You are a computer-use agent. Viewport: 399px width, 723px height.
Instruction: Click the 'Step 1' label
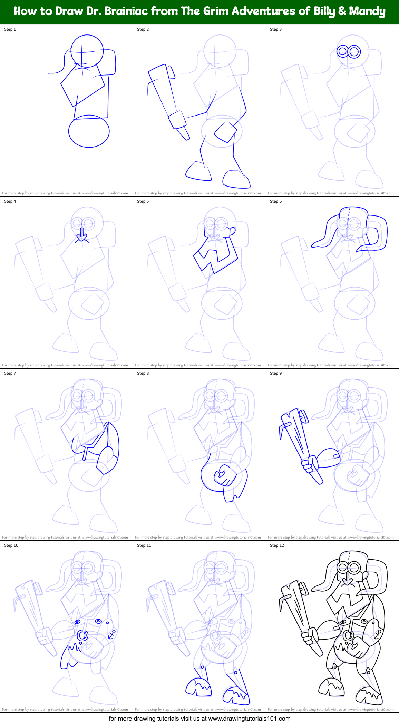[x=10, y=29]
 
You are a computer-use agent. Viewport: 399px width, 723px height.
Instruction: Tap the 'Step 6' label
[x=276, y=201]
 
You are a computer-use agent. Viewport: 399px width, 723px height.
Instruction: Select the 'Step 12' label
[x=277, y=545]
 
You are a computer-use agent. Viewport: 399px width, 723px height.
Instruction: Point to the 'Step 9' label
[x=276, y=373]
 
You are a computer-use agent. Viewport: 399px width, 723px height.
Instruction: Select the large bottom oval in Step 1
[x=89, y=131]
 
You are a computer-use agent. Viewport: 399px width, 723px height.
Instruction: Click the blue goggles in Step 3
[x=349, y=52]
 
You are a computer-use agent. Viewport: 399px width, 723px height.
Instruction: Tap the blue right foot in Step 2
[x=236, y=179]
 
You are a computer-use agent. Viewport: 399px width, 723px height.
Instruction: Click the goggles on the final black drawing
[x=349, y=567]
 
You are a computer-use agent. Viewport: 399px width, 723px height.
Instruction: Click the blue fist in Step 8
[x=224, y=475]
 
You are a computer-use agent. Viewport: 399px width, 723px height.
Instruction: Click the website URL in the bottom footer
[x=249, y=719]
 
